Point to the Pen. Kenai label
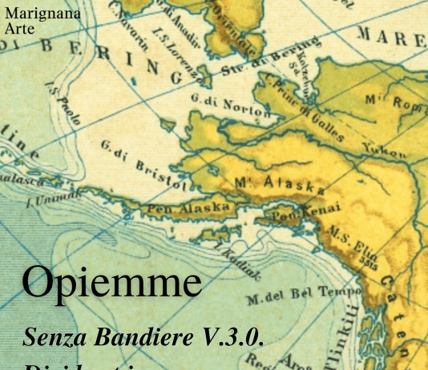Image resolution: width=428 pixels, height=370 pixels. pos(302,212)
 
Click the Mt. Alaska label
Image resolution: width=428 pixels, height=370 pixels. pos(279,184)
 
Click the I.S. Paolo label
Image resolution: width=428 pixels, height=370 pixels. pos(63,103)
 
